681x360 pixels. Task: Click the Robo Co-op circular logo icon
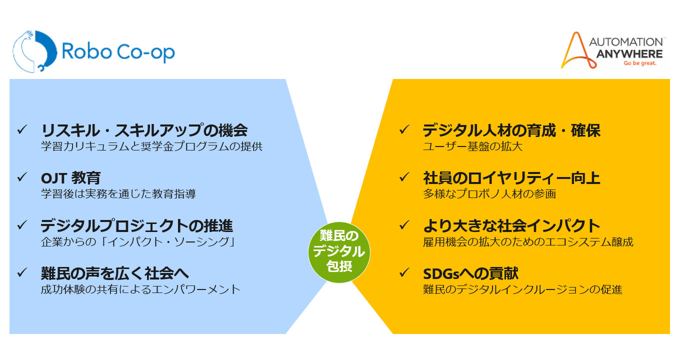tap(31, 52)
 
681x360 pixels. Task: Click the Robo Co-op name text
tap(118, 52)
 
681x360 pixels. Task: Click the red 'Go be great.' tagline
tap(639, 64)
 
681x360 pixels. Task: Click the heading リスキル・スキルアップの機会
tap(144, 130)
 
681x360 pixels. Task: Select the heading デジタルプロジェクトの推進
tap(137, 225)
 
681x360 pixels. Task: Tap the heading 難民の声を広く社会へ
tap(115, 273)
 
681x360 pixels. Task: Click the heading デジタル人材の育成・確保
tap(511, 130)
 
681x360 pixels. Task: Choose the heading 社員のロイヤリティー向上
tap(511, 178)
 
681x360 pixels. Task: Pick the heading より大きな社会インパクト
tap(511, 225)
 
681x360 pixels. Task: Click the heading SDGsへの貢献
tap(470, 273)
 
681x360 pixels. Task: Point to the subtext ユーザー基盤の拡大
tap(472, 146)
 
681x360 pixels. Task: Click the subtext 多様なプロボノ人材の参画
tap(489, 194)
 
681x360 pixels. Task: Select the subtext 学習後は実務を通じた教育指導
tap(118, 194)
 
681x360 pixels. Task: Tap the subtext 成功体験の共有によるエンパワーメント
tap(140, 289)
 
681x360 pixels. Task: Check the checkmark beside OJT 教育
tap(22, 177)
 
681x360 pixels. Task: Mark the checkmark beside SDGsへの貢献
tap(404, 272)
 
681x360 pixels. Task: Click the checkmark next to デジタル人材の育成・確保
tap(404, 129)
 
